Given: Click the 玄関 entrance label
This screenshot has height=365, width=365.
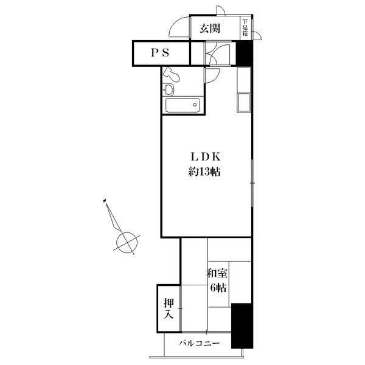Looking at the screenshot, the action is (209, 29).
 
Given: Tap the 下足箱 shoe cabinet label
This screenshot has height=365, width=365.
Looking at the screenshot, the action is (245, 28).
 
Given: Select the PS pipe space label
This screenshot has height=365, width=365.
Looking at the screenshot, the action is (160, 53).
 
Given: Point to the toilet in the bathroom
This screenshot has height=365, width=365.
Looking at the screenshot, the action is (172, 74).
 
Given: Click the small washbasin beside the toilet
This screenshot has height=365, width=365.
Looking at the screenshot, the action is (168, 89).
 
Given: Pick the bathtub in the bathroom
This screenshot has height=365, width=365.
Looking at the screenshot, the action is (182, 105).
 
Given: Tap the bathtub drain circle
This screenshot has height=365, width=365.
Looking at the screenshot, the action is (195, 105).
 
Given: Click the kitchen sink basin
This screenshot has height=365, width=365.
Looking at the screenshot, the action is (244, 102).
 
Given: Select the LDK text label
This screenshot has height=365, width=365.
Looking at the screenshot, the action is (206, 157).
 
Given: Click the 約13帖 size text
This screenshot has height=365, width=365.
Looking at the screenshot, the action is (204, 172).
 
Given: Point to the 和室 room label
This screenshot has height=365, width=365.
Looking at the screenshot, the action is (217, 273).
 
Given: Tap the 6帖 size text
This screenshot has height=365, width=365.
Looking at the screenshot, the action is (218, 288).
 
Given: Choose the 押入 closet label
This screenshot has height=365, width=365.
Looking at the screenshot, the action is (169, 308).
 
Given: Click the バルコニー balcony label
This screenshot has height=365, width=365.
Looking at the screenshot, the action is (200, 343).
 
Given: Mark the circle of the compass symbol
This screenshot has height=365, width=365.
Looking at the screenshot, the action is (127, 242).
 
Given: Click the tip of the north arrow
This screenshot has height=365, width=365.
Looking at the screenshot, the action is (105, 200).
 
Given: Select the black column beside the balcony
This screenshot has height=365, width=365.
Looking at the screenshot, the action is (242, 326).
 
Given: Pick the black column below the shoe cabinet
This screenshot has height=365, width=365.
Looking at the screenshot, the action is (245, 54).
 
